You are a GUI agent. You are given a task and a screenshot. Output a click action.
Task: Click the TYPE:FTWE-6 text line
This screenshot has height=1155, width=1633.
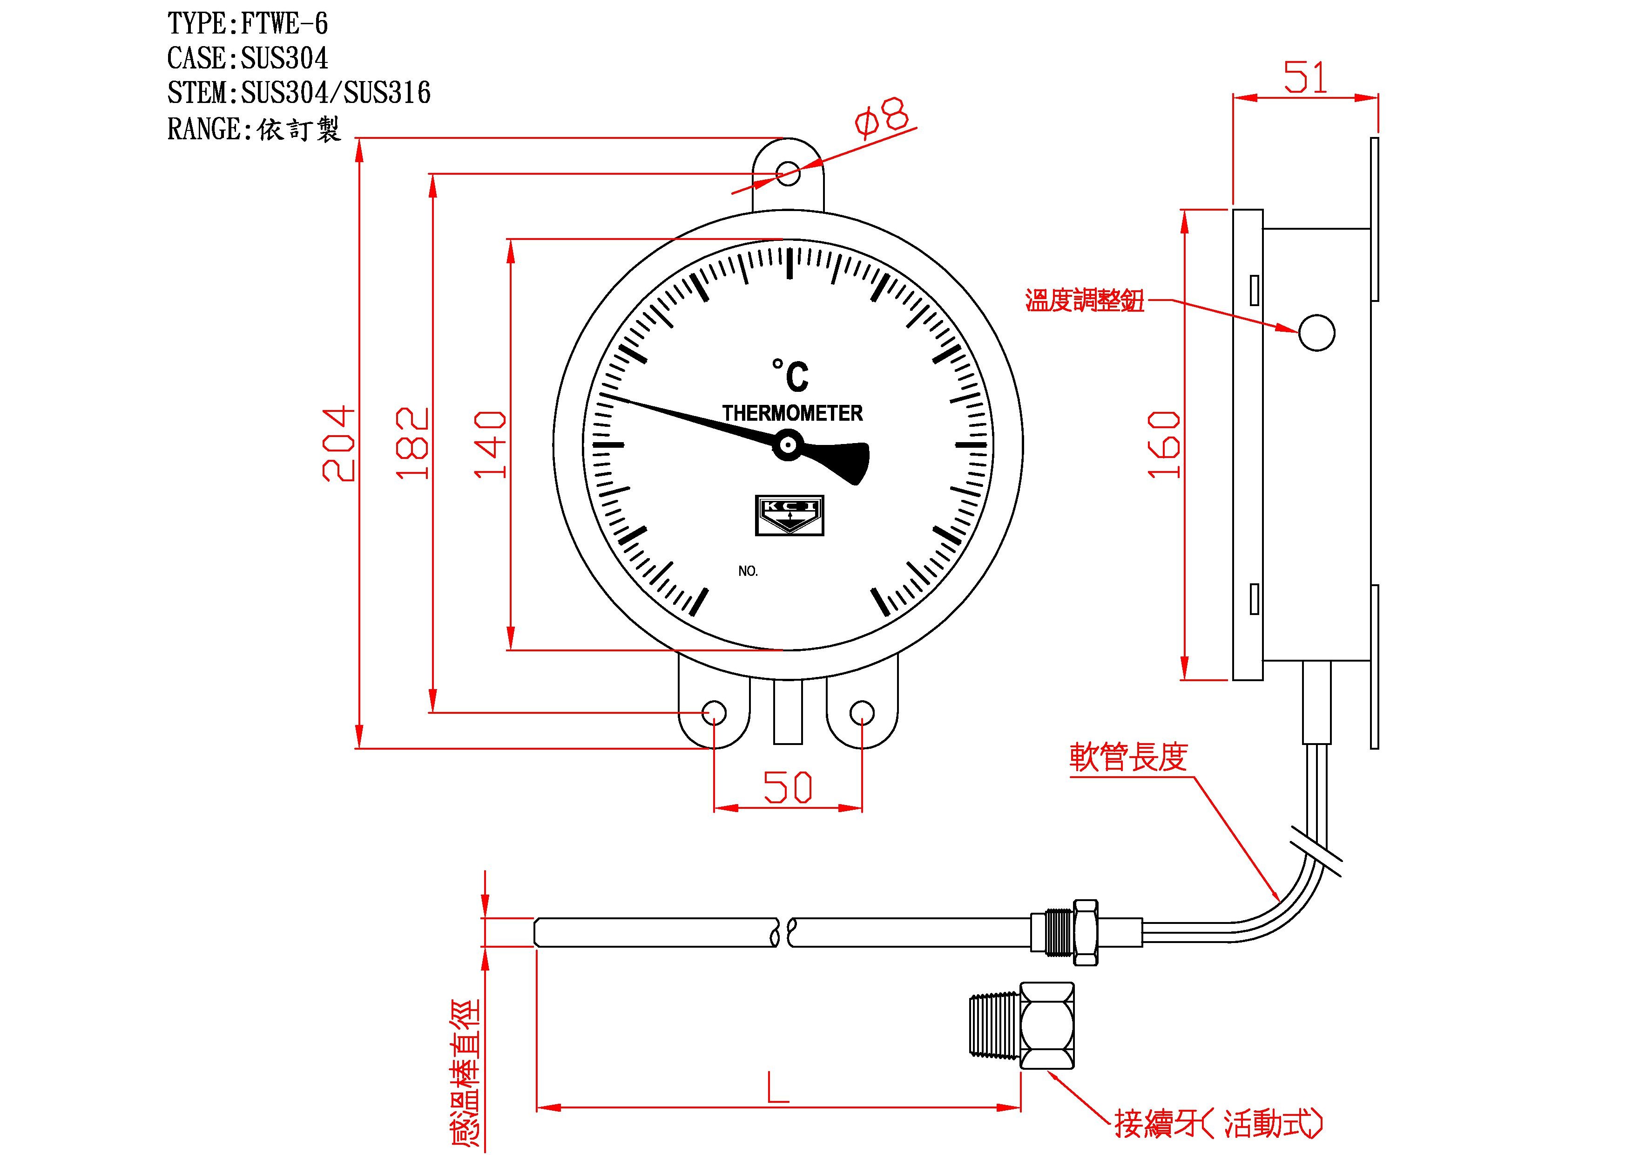pos(248,24)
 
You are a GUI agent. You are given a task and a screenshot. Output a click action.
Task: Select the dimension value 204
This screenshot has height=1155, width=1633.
pos(338,444)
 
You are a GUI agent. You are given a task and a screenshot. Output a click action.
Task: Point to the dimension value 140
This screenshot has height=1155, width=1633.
pos(490,444)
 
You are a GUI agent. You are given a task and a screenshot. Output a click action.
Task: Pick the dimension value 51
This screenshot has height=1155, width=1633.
pos(1306,78)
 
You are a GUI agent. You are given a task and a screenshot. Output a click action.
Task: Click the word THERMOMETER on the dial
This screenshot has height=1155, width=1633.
pos(792,413)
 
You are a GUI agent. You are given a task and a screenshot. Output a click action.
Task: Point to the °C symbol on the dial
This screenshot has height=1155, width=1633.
pos(791,375)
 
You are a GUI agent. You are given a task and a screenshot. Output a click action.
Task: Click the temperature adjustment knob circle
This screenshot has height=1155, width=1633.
pos(1316,332)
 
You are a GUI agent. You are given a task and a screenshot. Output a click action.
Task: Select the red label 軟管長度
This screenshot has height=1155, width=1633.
pos(1129,757)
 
